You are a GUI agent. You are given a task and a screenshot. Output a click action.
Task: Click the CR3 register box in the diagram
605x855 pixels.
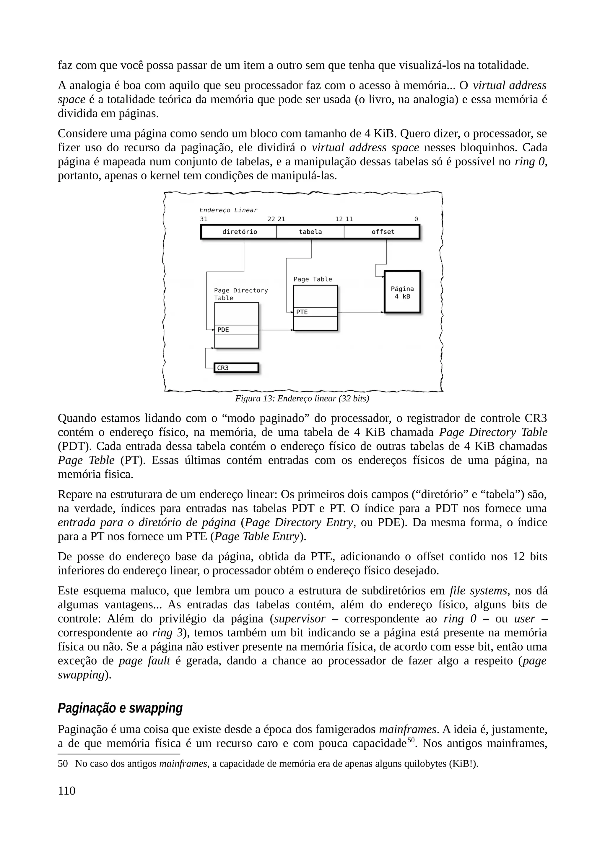coord(236,368)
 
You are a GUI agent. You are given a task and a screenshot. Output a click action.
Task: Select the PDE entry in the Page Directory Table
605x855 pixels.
coord(236,330)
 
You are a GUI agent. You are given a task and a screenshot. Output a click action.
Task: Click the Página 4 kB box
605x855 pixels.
coord(402,292)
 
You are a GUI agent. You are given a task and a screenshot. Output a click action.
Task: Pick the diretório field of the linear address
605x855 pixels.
coord(239,232)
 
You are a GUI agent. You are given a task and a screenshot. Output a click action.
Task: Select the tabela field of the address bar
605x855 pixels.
coord(310,232)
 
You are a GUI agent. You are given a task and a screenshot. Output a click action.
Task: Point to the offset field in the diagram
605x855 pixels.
coord(383,232)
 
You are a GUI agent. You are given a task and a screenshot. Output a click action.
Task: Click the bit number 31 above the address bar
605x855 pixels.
coord(204,219)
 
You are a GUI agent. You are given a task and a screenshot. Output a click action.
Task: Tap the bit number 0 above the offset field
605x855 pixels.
coord(416,219)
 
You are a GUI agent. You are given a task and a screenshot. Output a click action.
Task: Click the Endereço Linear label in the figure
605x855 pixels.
coord(228,210)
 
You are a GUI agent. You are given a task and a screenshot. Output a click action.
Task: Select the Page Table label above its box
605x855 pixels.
coord(312,279)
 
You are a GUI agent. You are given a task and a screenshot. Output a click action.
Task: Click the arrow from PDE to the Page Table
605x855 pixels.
coord(276,330)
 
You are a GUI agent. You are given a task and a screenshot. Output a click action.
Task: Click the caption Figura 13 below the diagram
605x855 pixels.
coord(302,399)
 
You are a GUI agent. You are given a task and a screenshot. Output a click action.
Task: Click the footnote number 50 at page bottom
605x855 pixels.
coord(63,764)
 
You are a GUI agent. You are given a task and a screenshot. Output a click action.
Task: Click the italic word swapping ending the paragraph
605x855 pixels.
coord(81,675)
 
